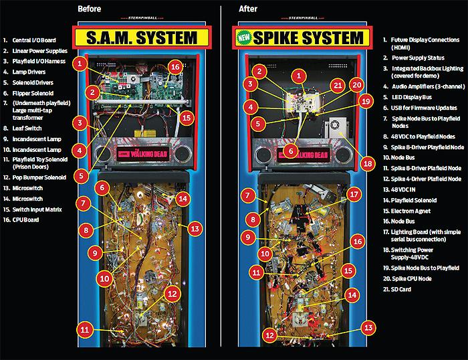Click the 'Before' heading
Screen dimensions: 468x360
pyautogui.click(x=92, y=9)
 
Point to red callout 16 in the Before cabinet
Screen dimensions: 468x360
pyautogui.click(x=174, y=67)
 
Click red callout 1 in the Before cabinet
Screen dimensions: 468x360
pyautogui.click(x=80, y=64)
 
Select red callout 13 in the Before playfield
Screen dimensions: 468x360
pyautogui.click(x=194, y=229)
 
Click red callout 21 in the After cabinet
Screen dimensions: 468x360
pyautogui.click(x=338, y=85)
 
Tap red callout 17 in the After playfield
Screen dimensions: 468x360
pyautogui.click(x=354, y=194)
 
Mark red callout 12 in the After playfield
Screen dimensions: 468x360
pyautogui.click(x=269, y=334)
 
